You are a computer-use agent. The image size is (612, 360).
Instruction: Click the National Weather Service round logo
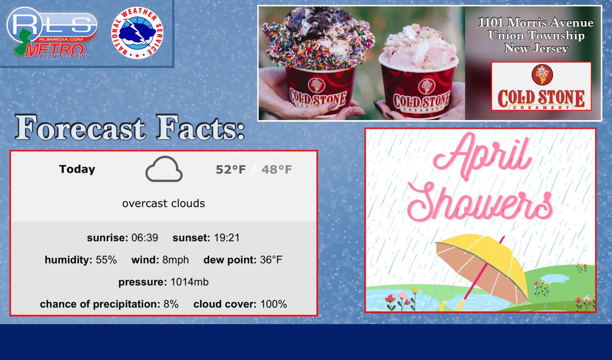[137, 33]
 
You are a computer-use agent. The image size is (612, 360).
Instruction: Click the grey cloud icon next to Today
[164, 169]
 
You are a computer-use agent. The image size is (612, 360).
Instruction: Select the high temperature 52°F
[230, 170]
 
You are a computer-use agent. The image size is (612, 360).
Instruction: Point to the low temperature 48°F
[276, 170]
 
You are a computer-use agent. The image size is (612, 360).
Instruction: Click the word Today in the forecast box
[77, 169]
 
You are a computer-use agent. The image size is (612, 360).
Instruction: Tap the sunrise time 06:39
[144, 238]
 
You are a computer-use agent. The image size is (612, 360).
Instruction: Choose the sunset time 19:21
[227, 238]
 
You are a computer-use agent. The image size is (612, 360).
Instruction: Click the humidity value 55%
[106, 260]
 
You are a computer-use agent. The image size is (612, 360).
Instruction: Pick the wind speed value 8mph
[175, 260]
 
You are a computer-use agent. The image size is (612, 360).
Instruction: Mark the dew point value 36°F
[271, 260]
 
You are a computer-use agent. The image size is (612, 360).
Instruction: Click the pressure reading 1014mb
[190, 282]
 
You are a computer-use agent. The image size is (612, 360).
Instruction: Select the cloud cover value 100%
[273, 304]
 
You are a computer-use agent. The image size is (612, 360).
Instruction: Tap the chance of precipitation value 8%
[171, 304]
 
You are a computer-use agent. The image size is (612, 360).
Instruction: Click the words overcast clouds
[164, 204]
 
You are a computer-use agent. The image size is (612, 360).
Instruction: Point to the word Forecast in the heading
[80, 128]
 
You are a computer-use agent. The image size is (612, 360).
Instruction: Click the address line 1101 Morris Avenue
[536, 22]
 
